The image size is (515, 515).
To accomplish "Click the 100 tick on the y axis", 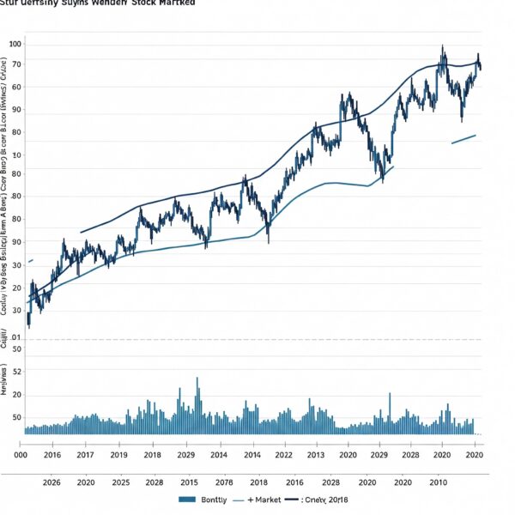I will click(16, 44).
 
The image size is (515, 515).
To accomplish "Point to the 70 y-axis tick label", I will click(16, 65).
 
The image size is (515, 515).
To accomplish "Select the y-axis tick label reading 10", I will click(16, 155).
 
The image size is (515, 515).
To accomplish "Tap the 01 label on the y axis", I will click(16, 338).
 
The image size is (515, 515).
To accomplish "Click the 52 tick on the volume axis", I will click(16, 372).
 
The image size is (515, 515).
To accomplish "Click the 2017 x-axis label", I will click(86, 455).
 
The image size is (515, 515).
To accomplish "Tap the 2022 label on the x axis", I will click(282, 455).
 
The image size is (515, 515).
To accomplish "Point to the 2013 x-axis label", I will click(315, 455).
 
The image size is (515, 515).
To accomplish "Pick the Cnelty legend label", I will click(331, 500).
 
